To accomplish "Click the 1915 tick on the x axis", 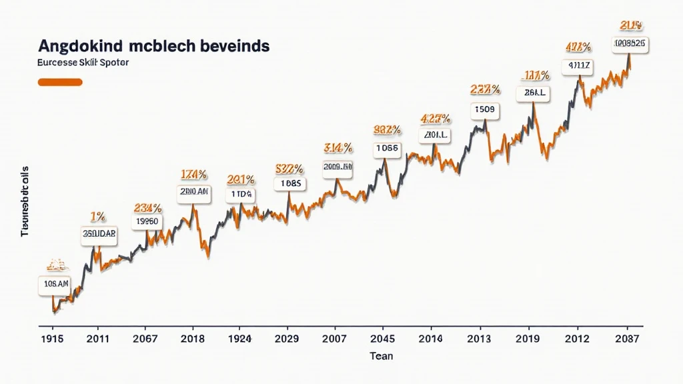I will pyautogui.click(x=51, y=339).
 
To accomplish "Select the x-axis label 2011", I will pyautogui.click(x=98, y=339).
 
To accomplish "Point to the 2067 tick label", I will pyautogui.click(x=145, y=339).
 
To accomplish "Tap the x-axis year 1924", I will pyautogui.click(x=239, y=339).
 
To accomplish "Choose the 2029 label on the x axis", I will pyautogui.click(x=287, y=339).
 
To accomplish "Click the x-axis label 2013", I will pyautogui.click(x=478, y=339).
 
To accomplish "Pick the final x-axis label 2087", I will pyautogui.click(x=625, y=339).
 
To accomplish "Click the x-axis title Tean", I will pyautogui.click(x=382, y=356).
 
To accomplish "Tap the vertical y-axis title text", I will pyautogui.click(x=25, y=200).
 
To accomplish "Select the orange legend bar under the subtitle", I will pyautogui.click(x=60, y=82).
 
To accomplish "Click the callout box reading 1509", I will pyautogui.click(x=486, y=109).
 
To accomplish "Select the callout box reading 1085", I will pyautogui.click(x=291, y=183).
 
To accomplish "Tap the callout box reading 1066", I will pyautogui.click(x=387, y=148).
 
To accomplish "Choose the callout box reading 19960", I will pyautogui.click(x=147, y=221).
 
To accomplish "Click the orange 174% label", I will pyautogui.click(x=194, y=175).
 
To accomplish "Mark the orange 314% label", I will pyautogui.click(x=338, y=147).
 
